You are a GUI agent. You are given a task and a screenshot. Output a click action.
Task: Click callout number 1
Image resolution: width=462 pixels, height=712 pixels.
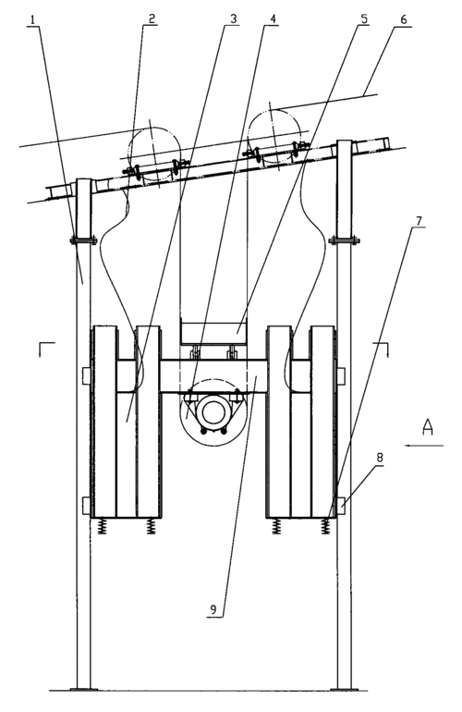(x=32, y=20)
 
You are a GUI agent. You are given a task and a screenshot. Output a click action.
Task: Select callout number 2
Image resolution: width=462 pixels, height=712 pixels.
(x=152, y=18)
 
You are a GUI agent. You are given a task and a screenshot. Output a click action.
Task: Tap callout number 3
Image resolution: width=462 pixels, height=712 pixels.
(x=233, y=18)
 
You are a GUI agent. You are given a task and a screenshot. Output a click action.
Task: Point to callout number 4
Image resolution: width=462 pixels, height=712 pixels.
(x=272, y=19)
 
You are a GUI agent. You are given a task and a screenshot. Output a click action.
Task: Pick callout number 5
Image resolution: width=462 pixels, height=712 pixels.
(x=363, y=18)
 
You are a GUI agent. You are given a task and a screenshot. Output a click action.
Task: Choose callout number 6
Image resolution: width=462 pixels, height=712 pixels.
(x=403, y=19)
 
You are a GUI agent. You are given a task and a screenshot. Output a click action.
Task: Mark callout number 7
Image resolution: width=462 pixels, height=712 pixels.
(x=418, y=221)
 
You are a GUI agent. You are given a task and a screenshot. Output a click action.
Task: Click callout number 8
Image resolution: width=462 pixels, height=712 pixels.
(x=380, y=458)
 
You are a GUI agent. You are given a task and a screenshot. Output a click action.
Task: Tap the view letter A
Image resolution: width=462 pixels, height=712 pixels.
(x=427, y=428)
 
